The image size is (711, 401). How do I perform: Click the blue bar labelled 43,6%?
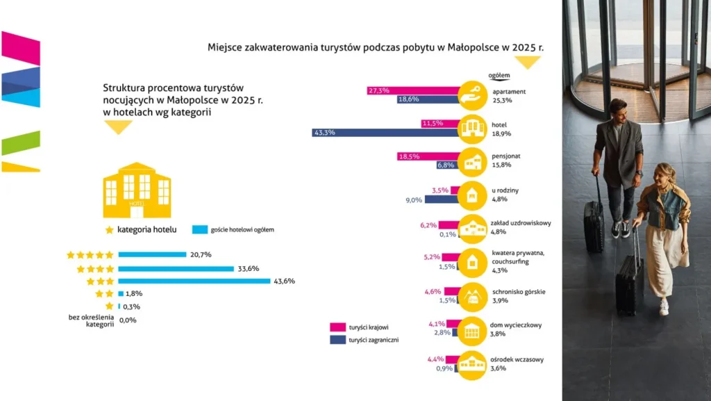coord(194,281)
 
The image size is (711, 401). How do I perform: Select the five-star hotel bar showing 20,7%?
coord(152,254)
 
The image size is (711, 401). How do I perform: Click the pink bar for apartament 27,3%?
coord(413,90)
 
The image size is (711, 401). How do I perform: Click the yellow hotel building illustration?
coord(137,190)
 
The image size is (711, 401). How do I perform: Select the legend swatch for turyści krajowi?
coord(338,327)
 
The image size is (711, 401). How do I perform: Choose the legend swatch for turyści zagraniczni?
coord(338,340)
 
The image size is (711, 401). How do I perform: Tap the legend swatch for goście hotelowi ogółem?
coord(199,229)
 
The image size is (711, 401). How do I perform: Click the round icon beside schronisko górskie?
coord(473,296)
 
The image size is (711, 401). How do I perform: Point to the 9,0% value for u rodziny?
coord(414,200)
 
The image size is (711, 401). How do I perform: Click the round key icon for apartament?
coord(473,96)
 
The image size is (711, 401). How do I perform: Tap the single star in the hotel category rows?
coord(109,306)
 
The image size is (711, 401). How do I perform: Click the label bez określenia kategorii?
coord(87,320)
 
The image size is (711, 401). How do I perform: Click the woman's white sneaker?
coord(664,306)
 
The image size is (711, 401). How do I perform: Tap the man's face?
coord(617,113)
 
